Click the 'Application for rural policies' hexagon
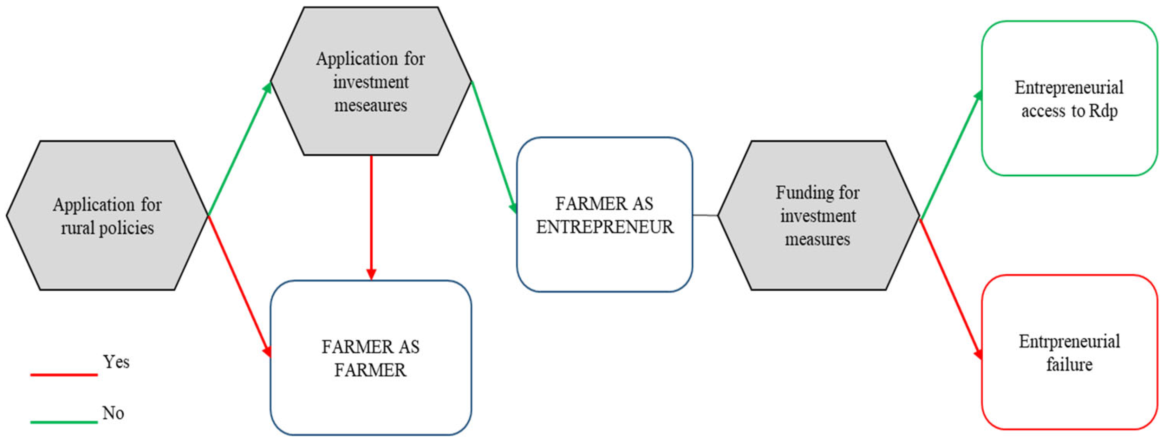(107, 215)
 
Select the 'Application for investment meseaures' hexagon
(371, 81)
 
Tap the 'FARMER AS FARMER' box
(371, 358)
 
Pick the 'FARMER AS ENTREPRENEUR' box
(604, 215)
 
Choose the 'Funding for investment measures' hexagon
(818, 215)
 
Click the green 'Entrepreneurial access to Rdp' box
(1069, 99)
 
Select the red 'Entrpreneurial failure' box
(1069, 352)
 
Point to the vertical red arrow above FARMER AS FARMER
(371, 217)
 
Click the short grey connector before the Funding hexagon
(705, 215)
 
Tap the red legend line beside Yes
(64, 374)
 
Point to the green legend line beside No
(64, 423)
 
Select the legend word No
(113, 413)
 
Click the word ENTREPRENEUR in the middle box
(605, 227)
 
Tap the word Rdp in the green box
(1103, 111)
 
